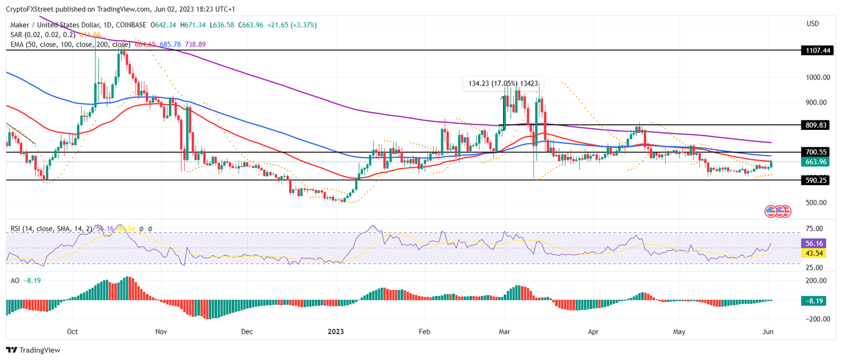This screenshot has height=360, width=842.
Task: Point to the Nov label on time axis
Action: tap(161, 332)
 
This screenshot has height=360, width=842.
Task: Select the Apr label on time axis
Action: tap(593, 332)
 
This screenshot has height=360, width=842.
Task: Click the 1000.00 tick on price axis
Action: tap(817, 77)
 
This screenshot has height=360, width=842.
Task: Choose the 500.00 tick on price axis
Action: tap(816, 202)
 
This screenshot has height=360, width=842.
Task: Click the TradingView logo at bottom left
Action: tap(33, 350)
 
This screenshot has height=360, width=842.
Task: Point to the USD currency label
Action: tap(813, 24)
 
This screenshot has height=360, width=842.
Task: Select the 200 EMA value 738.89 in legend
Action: tap(195, 44)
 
